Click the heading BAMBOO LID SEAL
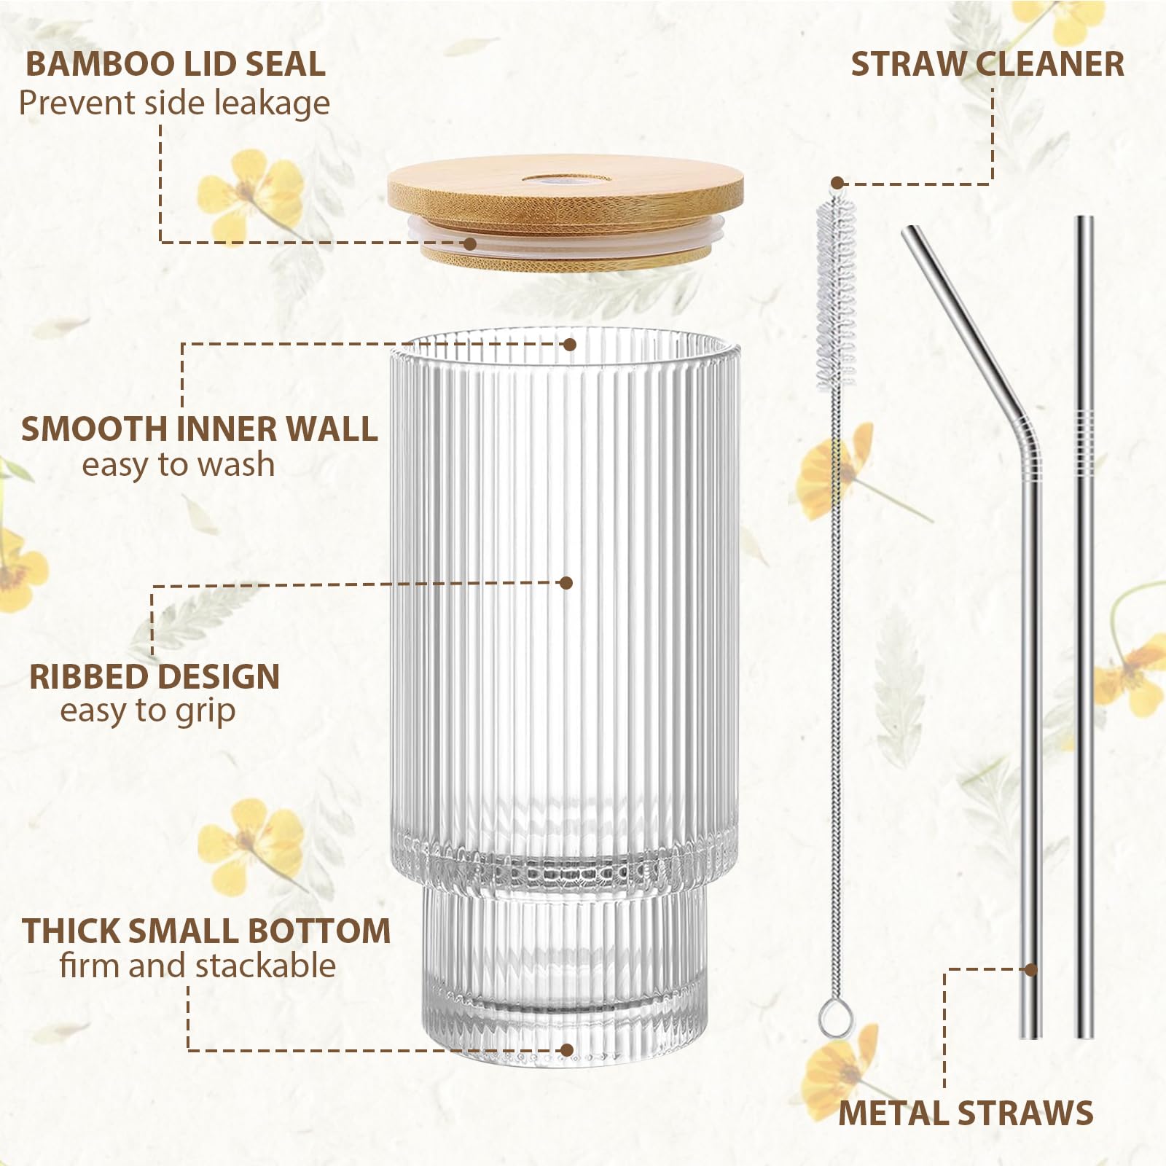[x=175, y=64]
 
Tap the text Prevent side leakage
[x=174, y=103]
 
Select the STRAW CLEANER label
[x=987, y=64]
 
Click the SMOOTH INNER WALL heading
[x=199, y=429]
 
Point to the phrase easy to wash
[x=178, y=465]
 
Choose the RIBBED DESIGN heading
[x=154, y=676]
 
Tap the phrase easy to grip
[x=148, y=711]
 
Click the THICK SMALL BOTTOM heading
[x=206, y=931]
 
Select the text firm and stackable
[x=197, y=966]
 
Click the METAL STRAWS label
[x=966, y=1113]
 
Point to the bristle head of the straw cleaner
[x=836, y=291]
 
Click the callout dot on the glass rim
[x=570, y=345]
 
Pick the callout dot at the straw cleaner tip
[x=838, y=183]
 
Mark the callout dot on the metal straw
[x=1030, y=969]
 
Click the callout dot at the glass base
[x=567, y=1050]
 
